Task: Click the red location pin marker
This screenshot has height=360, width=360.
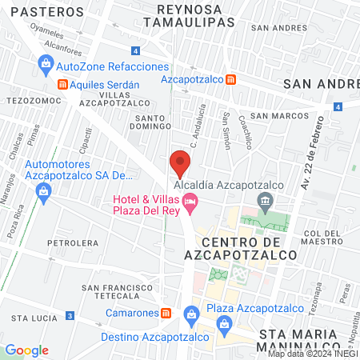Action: [x=180, y=164]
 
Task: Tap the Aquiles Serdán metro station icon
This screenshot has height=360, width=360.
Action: [x=62, y=84]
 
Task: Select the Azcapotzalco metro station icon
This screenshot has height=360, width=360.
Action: [x=230, y=79]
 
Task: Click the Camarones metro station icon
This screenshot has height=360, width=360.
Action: [x=166, y=313]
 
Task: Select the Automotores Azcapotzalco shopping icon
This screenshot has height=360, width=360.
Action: [x=43, y=190]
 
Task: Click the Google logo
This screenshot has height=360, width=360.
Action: [x=26, y=350]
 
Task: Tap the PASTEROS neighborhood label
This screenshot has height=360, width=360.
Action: [x=49, y=13]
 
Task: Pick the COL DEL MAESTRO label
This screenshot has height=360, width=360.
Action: [x=323, y=238]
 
